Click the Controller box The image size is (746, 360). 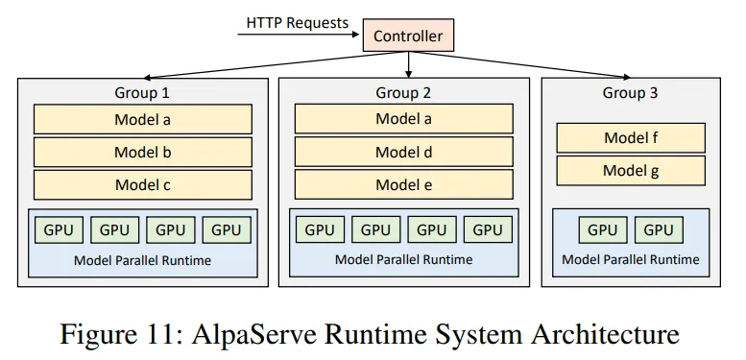[x=407, y=36]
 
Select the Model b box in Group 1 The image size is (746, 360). [x=142, y=152]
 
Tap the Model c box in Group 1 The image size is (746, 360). [x=142, y=184]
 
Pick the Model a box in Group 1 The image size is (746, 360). [x=142, y=120]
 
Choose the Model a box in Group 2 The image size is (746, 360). [x=403, y=119]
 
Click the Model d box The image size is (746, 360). [x=403, y=152]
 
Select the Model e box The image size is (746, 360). [x=403, y=184]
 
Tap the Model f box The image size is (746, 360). [x=631, y=137]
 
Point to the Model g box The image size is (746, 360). [x=631, y=171]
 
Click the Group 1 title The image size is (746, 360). [x=142, y=93]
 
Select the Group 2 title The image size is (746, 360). [x=403, y=93]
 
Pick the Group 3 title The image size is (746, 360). [x=631, y=93]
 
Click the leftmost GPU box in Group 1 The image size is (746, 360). [x=59, y=229]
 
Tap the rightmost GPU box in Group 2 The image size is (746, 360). [x=488, y=229]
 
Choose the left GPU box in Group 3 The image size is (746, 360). [x=602, y=229]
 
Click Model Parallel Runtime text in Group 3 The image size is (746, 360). [x=631, y=259]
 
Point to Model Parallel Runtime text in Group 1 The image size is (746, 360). [x=142, y=260]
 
